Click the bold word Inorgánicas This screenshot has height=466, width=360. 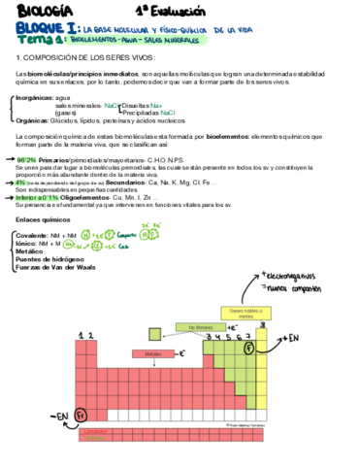pos(34,97)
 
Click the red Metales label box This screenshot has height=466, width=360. pos(153,354)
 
